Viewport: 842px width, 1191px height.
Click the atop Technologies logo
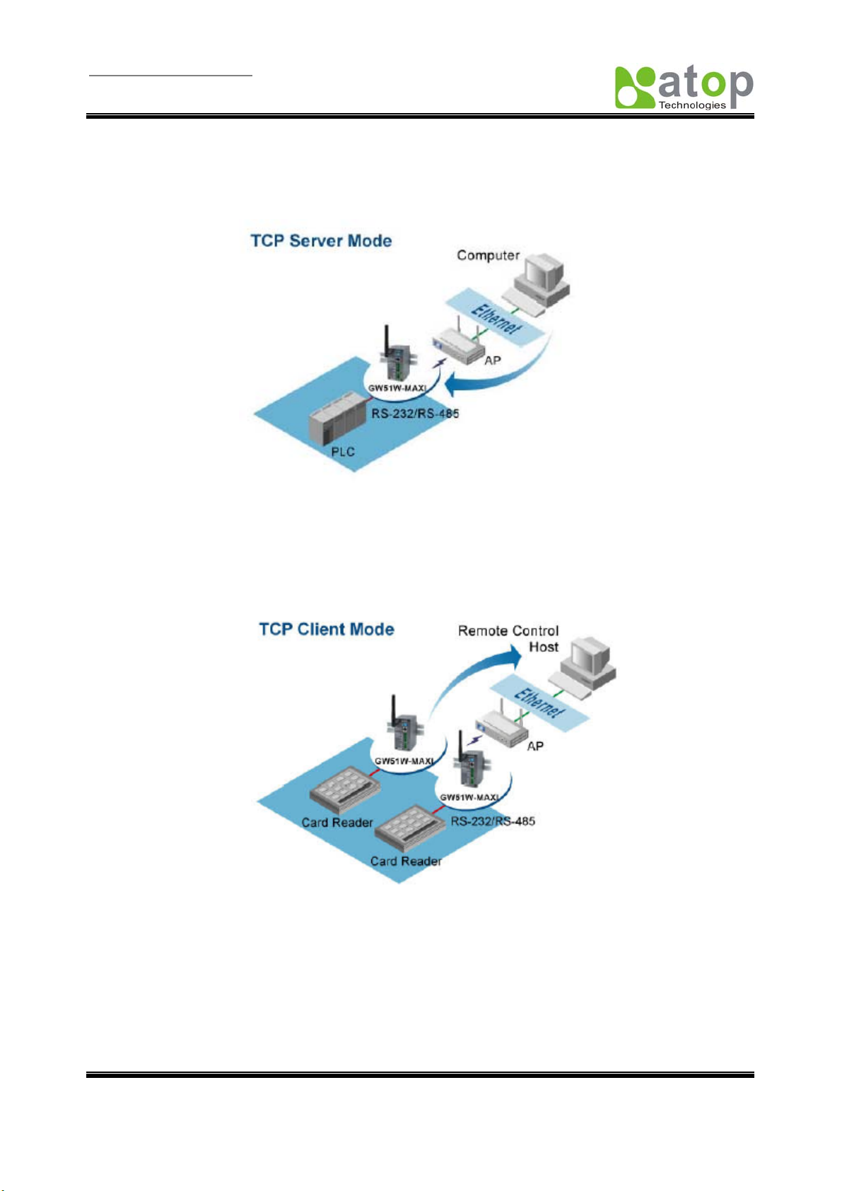coord(684,88)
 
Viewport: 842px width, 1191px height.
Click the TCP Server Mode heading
coord(321,241)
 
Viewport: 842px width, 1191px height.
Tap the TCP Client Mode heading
coord(327,629)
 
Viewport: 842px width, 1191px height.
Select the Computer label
coord(488,255)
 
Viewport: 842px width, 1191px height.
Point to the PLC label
coord(343,452)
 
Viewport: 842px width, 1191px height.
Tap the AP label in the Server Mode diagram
coord(492,360)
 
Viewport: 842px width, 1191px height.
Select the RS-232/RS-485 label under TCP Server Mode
coord(415,413)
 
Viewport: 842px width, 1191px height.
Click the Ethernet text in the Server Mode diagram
coord(496,319)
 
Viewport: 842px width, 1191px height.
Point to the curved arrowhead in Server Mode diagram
coord(454,384)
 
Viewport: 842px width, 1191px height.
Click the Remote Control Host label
coord(508,638)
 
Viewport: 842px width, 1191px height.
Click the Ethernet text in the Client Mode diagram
coord(538,703)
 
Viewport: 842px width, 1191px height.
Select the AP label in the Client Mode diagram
coord(534,746)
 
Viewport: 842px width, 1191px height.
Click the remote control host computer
coord(585,666)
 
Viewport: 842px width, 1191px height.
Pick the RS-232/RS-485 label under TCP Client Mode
coord(493,821)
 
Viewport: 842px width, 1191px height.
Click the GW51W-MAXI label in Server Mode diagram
coord(397,388)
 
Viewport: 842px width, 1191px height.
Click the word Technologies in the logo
coord(692,105)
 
